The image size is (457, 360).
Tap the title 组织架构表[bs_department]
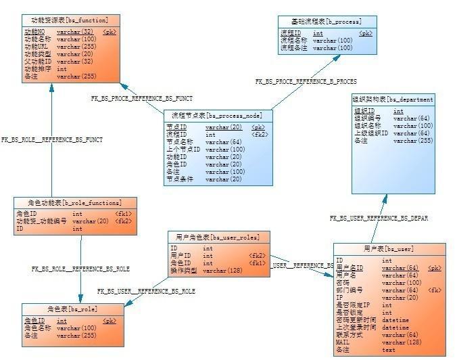pos(393,99)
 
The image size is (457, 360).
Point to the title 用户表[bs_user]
pos(389,248)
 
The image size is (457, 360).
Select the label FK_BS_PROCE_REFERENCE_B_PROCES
pos(306,81)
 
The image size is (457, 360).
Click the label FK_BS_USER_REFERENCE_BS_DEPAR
pos(378,219)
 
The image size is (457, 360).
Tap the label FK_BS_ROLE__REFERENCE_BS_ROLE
pos(80,269)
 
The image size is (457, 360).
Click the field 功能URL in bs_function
pos(37,47)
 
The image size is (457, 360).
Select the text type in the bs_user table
pos(389,350)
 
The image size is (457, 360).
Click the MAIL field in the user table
pos(343,342)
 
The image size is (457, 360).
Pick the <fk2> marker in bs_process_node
pos(259,135)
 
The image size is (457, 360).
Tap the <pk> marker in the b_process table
pos(365,33)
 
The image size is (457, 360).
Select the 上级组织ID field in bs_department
pos(371,133)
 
